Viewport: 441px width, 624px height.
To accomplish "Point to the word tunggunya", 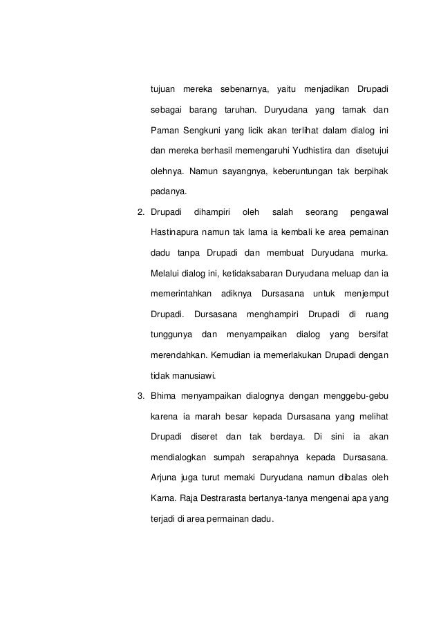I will [170, 336].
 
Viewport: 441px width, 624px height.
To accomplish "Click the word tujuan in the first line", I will [162, 90].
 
